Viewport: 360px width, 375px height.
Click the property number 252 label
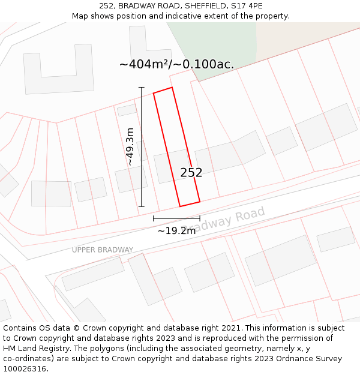(x=191, y=173)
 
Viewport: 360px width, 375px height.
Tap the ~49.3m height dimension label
(x=130, y=146)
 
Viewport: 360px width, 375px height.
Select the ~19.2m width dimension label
(x=176, y=231)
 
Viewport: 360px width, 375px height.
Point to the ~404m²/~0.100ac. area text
(x=176, y=64)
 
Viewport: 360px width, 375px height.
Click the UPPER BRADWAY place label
(x=103, y=250)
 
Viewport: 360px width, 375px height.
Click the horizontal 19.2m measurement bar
(x=176, y=218)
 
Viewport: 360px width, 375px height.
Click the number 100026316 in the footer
(x=25, y=368)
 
